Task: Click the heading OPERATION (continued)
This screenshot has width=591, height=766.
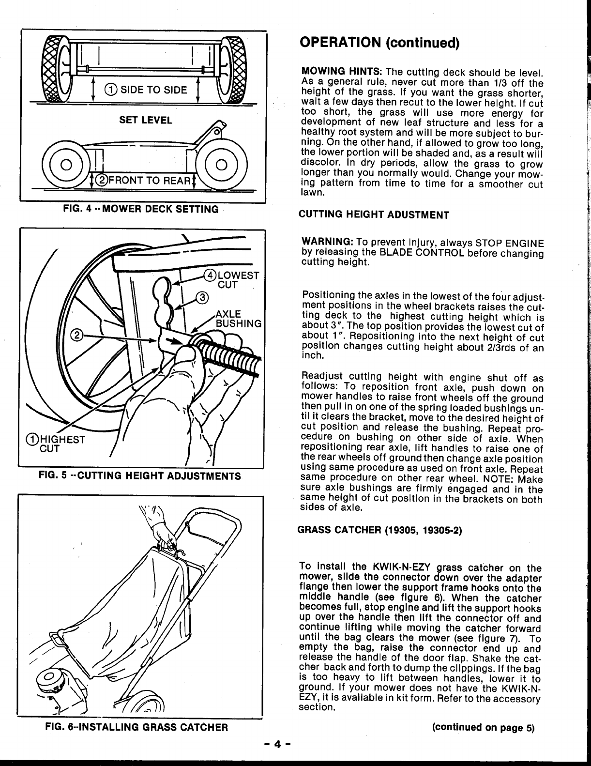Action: coord(379,43)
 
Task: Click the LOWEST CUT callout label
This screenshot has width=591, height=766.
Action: coord(234,279)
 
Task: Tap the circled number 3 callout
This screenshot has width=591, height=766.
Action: coord(201,297)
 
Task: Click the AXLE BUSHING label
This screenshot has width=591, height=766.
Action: coord(238,318)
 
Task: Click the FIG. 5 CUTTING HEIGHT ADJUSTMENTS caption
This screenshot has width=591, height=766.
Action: coord(140,476)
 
